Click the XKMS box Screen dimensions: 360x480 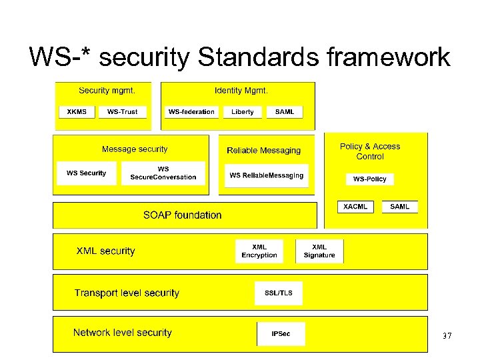click(x=77, y=111)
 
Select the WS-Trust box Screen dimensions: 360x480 click(x=122, y=111)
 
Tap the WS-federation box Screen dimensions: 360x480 click(x=191, y=111)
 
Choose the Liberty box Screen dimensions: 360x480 click(x=243, y=111)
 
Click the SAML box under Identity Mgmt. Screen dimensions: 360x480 click(x=285, y=111)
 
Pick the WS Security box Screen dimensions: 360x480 click(x=86, y=173)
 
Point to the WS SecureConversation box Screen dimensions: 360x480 click(x=163, y=173)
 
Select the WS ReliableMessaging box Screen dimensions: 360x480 click(x=266, y=175)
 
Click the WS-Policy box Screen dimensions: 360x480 click(x=369, y=179)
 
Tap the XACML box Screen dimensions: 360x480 click(x=355, y=207)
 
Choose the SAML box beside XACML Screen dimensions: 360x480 click(x=400, y=207)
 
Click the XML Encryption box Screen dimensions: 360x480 click(x=259, y=251)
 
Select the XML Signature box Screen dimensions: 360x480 click(x=319, y=251)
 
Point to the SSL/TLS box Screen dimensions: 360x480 click(x=278, y=293)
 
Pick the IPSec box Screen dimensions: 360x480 click(x=281, y=333)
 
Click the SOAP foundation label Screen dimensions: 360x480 click(x=182, y=215)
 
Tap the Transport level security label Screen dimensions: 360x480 click(x=127, y=293)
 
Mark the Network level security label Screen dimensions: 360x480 click(x=123, y=333)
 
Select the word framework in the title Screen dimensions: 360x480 click(x=389, y=58)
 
